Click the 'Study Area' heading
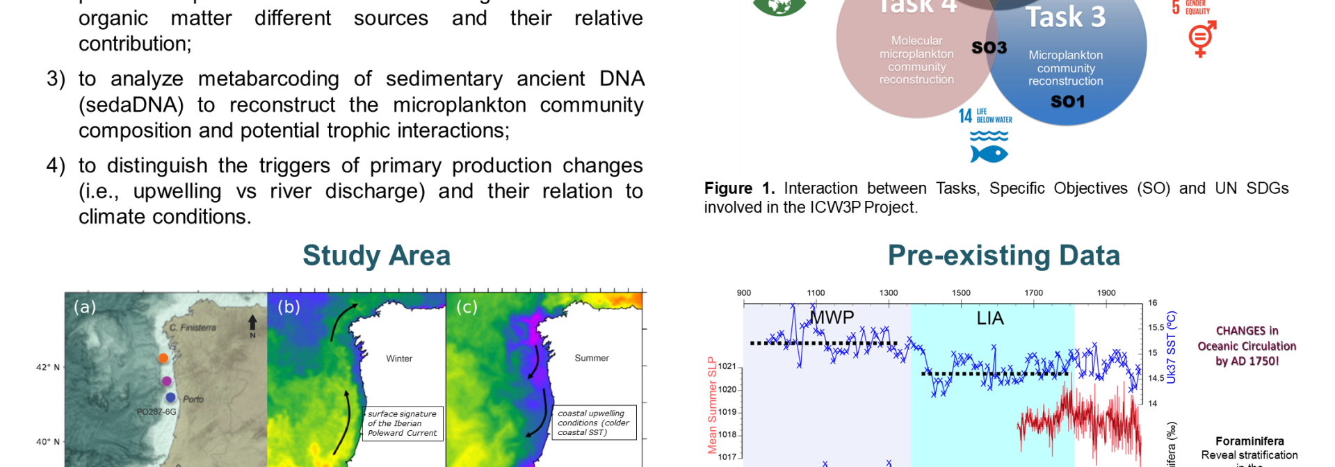click(x=376, y=256)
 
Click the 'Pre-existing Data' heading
click(x=1003, y=256)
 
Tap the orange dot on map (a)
click(x=163, y=358)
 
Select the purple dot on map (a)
click(x=166, y=381)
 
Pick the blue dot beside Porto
click(x=170, y=398)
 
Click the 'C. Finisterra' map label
click(x=193, y=327)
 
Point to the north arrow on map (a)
click(x=252, y=324)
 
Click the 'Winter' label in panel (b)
click(x=399, y=359)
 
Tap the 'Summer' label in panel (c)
click(x=591, y=358)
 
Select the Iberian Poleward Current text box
click(x=402, y=423)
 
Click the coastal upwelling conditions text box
click(x=593, y=423)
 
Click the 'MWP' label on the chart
click(x=832, y=318)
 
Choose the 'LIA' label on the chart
click(x=989, y=318)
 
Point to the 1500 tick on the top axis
click(x=961, y=293)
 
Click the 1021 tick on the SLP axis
click(x=727, y=366)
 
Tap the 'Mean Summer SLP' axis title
click(x=712, y=405)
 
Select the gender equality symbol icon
click(x=1201, y=38)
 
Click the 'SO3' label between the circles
click(x=989, y=47)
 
